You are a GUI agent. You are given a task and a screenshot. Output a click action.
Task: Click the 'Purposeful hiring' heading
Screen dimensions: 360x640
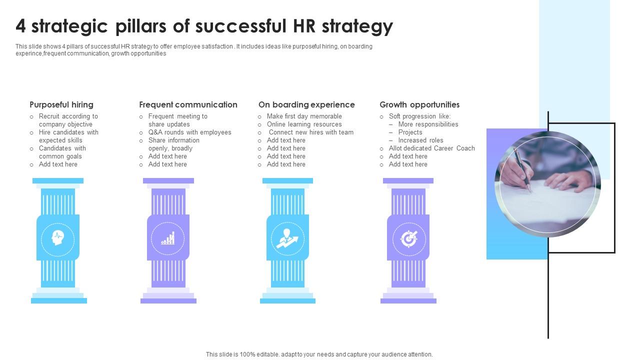(x=61, y=104)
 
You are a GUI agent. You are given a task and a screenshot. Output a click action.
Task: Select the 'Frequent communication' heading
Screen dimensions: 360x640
(x=188, y=104)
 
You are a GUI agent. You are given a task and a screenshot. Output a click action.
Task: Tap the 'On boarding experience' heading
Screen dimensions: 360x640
(x=306, y=104)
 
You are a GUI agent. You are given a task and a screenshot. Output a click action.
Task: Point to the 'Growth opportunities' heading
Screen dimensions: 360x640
(x=419, y=104)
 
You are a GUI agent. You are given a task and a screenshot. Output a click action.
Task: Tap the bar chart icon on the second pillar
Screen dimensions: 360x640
(x=168, y=238)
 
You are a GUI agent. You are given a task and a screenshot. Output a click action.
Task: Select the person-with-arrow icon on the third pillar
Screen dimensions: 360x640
(x=287, y=238)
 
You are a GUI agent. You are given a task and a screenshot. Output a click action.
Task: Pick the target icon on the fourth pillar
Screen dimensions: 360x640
(x=408, y=238)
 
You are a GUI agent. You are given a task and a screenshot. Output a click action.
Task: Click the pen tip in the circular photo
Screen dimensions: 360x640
(x=529, y=189)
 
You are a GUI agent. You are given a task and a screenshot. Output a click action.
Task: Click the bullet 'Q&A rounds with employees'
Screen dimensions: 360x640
(x=189, y=132)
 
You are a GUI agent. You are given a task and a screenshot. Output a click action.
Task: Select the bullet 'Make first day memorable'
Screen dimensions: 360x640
(x=304, y=116)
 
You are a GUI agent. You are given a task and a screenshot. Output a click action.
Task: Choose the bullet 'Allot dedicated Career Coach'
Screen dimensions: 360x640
(x=431, y=148)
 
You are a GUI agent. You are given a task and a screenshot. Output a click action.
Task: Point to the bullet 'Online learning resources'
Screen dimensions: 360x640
(x=304, y=124)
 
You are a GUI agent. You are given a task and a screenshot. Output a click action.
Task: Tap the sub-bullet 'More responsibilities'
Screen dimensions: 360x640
(x=428, y=124)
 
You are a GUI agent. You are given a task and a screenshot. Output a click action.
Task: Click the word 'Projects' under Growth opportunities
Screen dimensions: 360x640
(x=410, y=132)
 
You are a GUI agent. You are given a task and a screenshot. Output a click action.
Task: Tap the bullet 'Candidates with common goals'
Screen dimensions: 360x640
(x=62, y=152)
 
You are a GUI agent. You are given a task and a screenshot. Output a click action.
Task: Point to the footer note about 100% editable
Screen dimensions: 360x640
(x=319, y=354)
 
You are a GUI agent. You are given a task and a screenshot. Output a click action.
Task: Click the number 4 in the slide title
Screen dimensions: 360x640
(x=20, y=26)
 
